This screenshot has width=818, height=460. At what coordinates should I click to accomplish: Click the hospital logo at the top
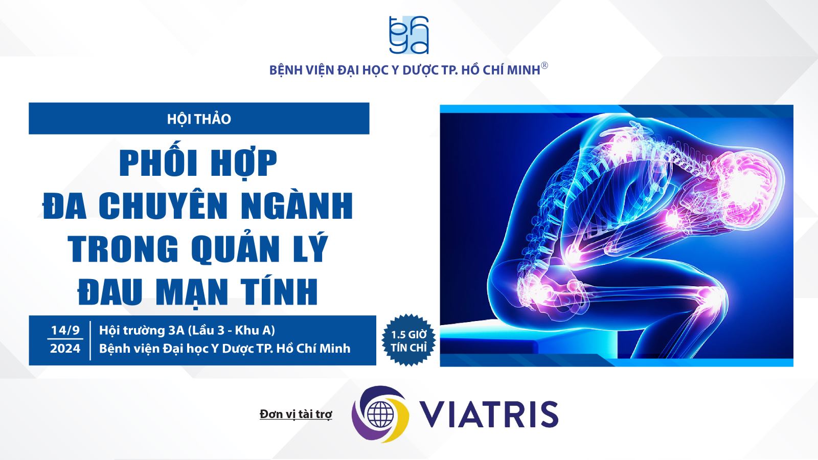408,35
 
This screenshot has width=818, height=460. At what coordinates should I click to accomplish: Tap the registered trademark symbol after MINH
544,66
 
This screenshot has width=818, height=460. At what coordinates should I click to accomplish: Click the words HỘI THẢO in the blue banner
199,119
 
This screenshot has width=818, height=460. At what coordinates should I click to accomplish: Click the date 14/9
65,330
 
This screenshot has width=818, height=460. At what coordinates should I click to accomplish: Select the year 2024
65,348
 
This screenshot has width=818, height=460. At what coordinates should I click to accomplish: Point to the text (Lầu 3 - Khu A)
231,330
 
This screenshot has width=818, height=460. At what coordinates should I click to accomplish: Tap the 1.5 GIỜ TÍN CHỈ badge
408,340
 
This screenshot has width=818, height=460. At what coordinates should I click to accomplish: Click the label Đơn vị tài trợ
296,414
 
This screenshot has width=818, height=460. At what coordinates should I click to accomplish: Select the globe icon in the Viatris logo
380,414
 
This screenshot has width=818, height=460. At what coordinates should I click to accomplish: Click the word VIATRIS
489,414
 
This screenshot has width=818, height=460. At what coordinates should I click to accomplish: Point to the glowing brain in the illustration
745,186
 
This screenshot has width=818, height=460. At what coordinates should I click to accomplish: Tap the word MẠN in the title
191,291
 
